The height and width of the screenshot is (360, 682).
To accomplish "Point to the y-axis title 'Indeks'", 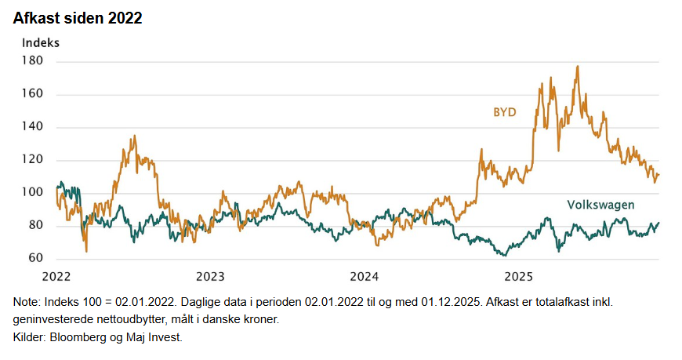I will coord(41,42).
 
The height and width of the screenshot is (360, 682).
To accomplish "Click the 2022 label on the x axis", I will coord(56,276).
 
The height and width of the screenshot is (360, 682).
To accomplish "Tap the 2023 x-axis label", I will coord(210,276).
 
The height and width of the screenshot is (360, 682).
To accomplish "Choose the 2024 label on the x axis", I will coord(365,276).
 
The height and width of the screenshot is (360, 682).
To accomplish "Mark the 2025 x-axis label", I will coord(518,276).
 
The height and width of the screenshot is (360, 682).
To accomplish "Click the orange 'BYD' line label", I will coord(504,113).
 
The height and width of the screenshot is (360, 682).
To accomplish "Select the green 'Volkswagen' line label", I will coord(600,205).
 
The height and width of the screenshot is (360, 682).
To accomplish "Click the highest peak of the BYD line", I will coord(578,67).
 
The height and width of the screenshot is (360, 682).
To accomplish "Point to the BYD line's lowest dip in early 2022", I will coord(86,251).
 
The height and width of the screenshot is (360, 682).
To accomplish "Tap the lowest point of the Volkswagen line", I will coord(506,255).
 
